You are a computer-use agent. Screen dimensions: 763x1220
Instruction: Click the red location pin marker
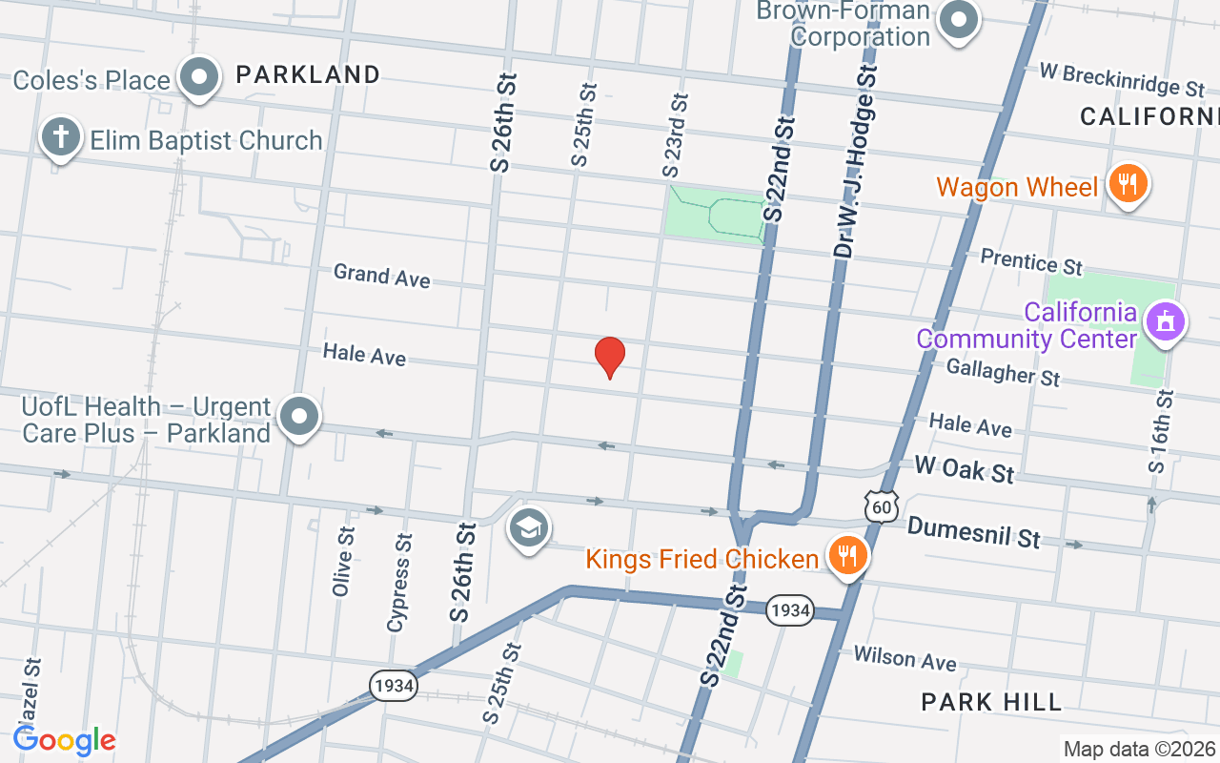point(610,356)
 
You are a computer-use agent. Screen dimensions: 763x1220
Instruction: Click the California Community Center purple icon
point(1165,321)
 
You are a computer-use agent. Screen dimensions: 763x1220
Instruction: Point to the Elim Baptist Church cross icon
point(60,138)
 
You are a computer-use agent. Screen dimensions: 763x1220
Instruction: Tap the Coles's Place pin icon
point(200,77)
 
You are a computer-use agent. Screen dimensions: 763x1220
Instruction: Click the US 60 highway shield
point(883,507)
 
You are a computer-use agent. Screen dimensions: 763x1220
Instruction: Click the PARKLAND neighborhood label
point(308,74)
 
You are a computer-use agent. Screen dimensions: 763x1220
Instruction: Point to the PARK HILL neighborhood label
point(991,702)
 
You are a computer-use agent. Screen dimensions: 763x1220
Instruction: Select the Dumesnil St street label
point(973,532)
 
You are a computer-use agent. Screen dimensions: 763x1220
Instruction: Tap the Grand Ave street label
point(381,276)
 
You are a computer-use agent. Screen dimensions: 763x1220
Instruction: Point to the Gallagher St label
point(1003,372)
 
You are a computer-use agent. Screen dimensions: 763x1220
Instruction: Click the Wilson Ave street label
point(905,658)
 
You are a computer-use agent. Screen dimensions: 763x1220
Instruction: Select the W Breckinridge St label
point(1121,80)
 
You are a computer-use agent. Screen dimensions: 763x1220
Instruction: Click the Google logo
point(65,740)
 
